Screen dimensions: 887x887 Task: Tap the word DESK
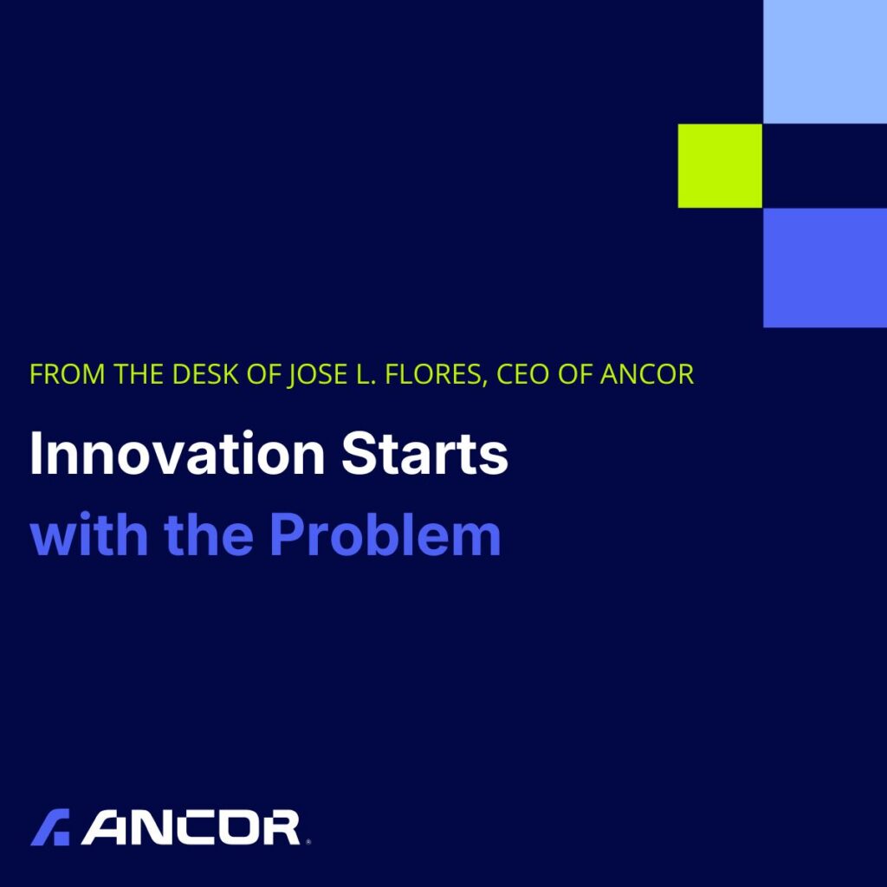pos(204,374)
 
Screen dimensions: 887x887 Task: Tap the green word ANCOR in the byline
pos(646,374)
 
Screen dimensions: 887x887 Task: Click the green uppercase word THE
pos(139,374)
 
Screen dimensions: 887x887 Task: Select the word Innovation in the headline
pos(178,454)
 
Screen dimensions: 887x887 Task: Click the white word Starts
pos(424,454)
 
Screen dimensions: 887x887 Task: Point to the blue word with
pos(89,534)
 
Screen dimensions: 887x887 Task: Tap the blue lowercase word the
pos(208,534)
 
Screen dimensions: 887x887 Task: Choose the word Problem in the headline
pos(385,534)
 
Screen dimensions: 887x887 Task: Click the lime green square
pos(720,165)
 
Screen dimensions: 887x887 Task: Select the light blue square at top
pos(825,62)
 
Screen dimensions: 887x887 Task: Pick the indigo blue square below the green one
pos(825,268)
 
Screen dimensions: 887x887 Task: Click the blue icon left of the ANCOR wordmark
pos(50,827)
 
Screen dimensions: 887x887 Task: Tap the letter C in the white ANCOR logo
pos(195,827)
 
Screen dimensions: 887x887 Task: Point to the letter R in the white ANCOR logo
pos(280,827)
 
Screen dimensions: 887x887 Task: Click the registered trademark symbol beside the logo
pos(308,842)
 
